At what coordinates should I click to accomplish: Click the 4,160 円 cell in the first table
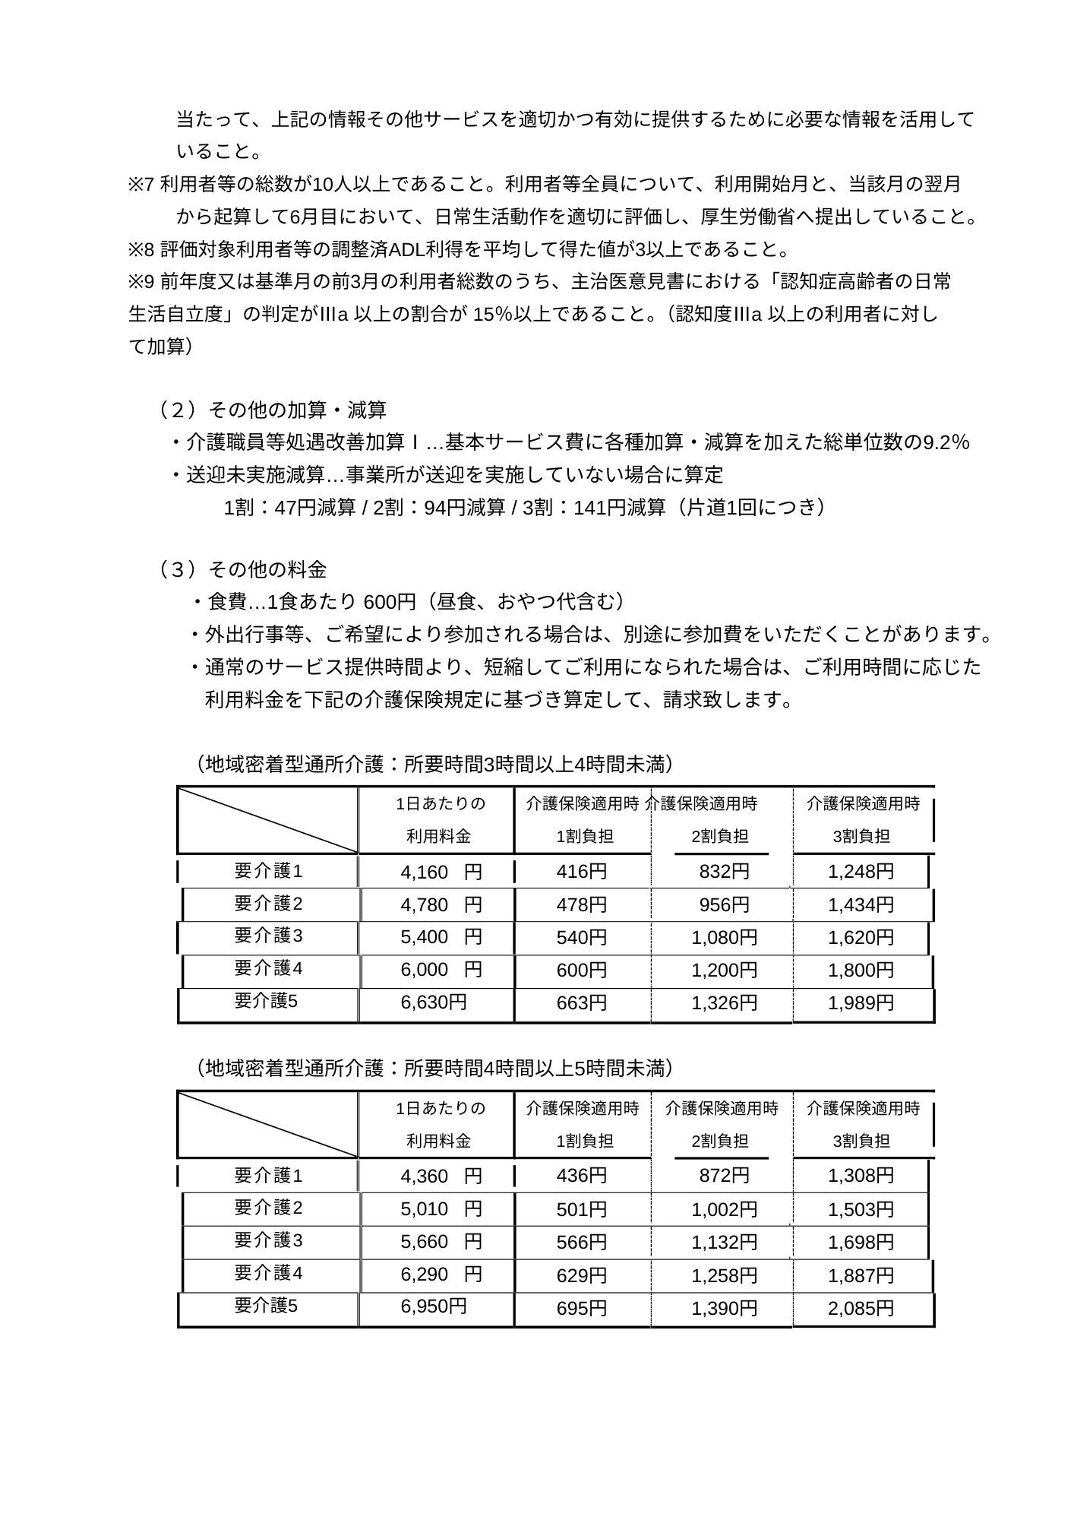[441, 872]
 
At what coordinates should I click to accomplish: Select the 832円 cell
[724, 872]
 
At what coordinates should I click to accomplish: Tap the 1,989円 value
[861, 1003]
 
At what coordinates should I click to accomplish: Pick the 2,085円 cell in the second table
[861, 1308]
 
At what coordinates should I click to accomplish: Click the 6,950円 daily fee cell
[434, 1306]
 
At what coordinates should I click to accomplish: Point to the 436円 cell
[582, 1176]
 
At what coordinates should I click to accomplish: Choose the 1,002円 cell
[724, 1209]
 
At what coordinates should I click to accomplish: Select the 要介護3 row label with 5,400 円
[268, 936]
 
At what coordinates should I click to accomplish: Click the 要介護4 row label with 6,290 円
[268, 1273]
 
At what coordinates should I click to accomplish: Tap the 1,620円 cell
[861, 938]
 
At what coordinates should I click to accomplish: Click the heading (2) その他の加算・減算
[272, 410]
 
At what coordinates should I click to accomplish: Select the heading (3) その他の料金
[243, 569]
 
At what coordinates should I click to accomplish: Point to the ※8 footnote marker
[141, 250]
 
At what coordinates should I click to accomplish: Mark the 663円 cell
[582, 1003]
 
